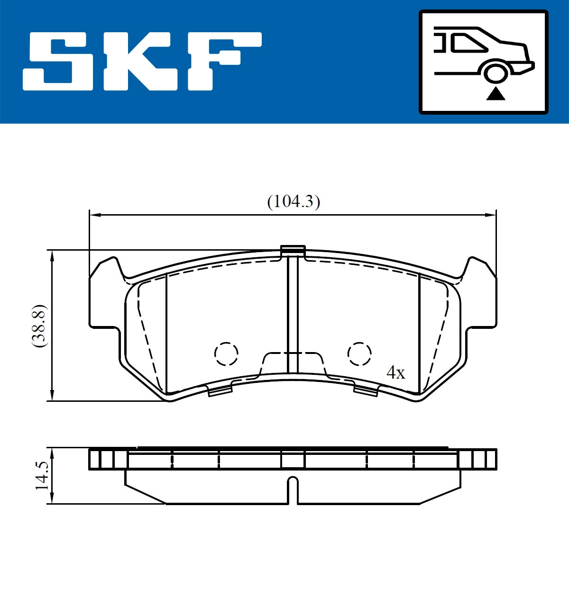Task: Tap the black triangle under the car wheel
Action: [x=496, y=94]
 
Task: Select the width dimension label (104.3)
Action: [x=294, y=202]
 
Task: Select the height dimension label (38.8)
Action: [x=38, y=326]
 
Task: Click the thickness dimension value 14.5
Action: [x=42, y=476]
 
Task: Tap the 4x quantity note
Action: [x=396, y=373]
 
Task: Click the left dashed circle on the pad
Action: [x=226, y=353]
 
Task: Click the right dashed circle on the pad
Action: [x=359, y=353]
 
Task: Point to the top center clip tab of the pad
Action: [x=293, y=250]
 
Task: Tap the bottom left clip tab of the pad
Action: [x=220, y=390]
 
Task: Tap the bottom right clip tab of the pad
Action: [x=366, y=390]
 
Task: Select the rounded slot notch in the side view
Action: [x=293, y=488]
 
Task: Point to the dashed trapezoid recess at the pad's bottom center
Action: [x=293, y=363]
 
